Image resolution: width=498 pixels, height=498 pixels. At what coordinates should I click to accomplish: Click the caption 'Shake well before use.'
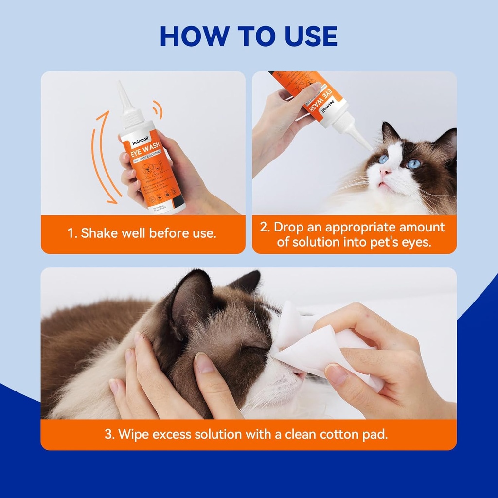tap(148, 233)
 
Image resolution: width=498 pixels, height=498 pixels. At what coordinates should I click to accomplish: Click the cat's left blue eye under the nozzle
tap(384, 159)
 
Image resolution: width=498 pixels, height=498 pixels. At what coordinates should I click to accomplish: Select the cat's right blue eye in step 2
tap(413, 164)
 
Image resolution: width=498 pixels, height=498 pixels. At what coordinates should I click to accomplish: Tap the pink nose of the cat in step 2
tap(386, 171)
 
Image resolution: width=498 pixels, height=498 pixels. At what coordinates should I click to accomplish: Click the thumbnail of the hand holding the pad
tap(336, 373)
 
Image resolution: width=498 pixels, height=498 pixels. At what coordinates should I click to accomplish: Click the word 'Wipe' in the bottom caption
tap(134, 434)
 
